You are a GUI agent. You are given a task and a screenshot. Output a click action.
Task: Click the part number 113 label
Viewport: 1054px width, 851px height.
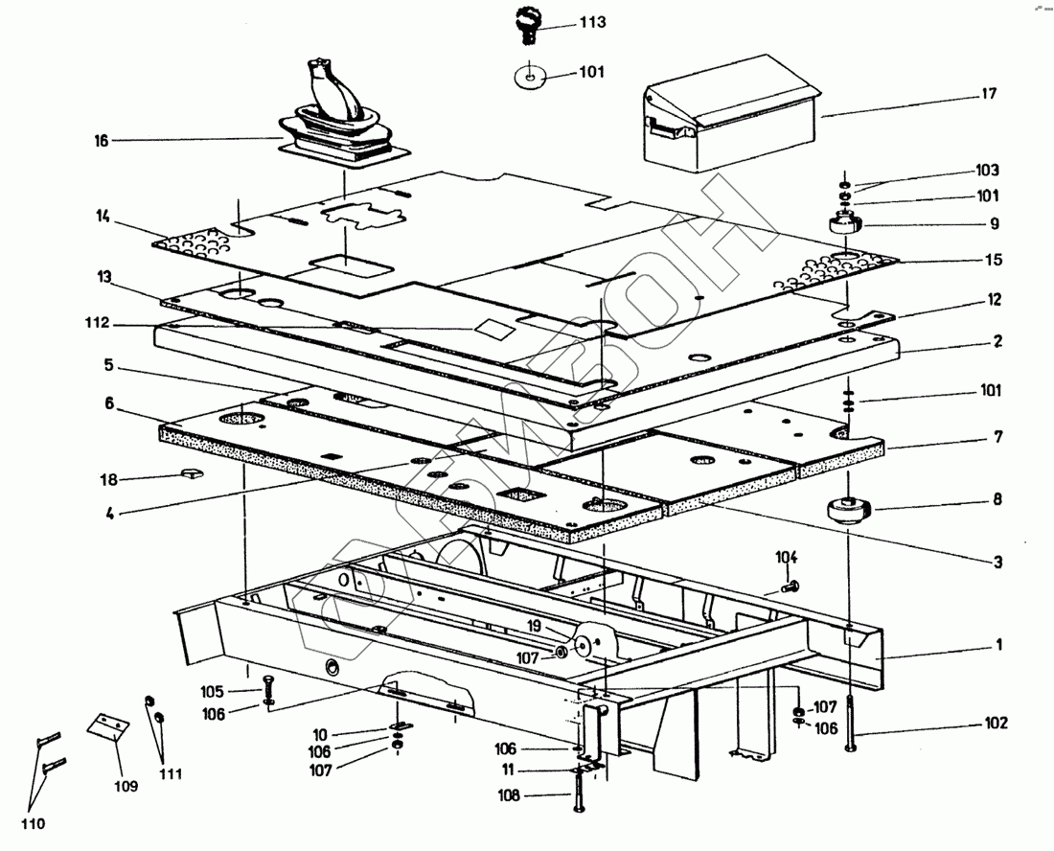click(x=592, y=22)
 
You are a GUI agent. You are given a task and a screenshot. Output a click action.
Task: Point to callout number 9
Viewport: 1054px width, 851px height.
click(x=995, y=224)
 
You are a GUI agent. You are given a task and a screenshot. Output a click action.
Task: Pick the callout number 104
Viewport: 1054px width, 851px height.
click(x=786, y=557)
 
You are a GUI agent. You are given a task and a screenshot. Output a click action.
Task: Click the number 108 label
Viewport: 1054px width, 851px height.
click(x=509, y=794)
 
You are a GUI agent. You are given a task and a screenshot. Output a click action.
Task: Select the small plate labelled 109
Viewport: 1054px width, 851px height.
click(x=107, y=725)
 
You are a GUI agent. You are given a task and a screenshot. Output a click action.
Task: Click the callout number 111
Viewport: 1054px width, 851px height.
click(x=172, y=773)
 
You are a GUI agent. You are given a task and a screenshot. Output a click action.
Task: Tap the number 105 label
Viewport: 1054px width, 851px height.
click(x=212, y=691)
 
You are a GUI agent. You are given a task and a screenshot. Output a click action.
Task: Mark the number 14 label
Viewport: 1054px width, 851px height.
click(x=103, y=217)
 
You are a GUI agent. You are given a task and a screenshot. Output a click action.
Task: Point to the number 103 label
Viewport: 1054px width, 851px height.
click(x=987, y=171)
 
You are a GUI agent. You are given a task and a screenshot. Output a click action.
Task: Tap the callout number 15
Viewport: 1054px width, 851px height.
click(x=994, y=260)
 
